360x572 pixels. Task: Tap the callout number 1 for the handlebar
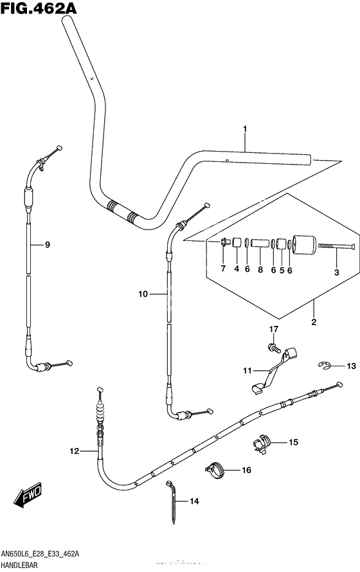[245, 129]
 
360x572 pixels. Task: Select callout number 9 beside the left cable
[48, 245]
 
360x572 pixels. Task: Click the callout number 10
[143, 294]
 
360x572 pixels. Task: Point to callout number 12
[75, 451]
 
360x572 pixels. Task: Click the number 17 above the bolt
[274, 329]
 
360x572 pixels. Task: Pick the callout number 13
[351, 366]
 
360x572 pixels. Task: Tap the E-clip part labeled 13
[323, 366]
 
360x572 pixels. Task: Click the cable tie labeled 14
[172, 503]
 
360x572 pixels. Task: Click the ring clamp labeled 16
[215, 470]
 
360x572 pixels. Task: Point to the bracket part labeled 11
[274, 371]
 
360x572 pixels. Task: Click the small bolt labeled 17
[274, 348]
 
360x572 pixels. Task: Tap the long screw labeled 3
[337, 247]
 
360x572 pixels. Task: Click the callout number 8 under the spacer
[260, 270]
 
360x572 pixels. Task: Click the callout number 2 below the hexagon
[314, 322]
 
